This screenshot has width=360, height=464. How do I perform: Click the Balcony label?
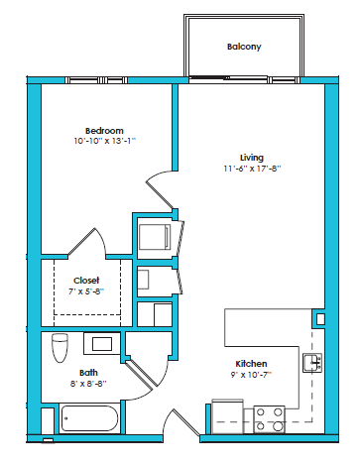pos(243,47)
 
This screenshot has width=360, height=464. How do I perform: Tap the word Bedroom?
pos(104,131)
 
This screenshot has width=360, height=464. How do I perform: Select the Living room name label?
pos(251,157)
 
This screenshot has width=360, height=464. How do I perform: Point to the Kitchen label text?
pos(252,364)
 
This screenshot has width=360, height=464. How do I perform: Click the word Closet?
pos(86,280)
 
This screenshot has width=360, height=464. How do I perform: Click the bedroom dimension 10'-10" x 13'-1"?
pos(104,142)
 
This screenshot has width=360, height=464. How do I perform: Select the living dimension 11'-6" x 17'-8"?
pos(251,168)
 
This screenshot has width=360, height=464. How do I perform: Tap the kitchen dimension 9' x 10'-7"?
pos(252,375)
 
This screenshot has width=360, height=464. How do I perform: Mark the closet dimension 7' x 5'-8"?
pos(86,290)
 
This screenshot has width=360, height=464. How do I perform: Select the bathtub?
pos(89,419)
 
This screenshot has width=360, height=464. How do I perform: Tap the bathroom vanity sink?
pos(102,344)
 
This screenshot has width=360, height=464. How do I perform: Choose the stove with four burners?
pos(269,416)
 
